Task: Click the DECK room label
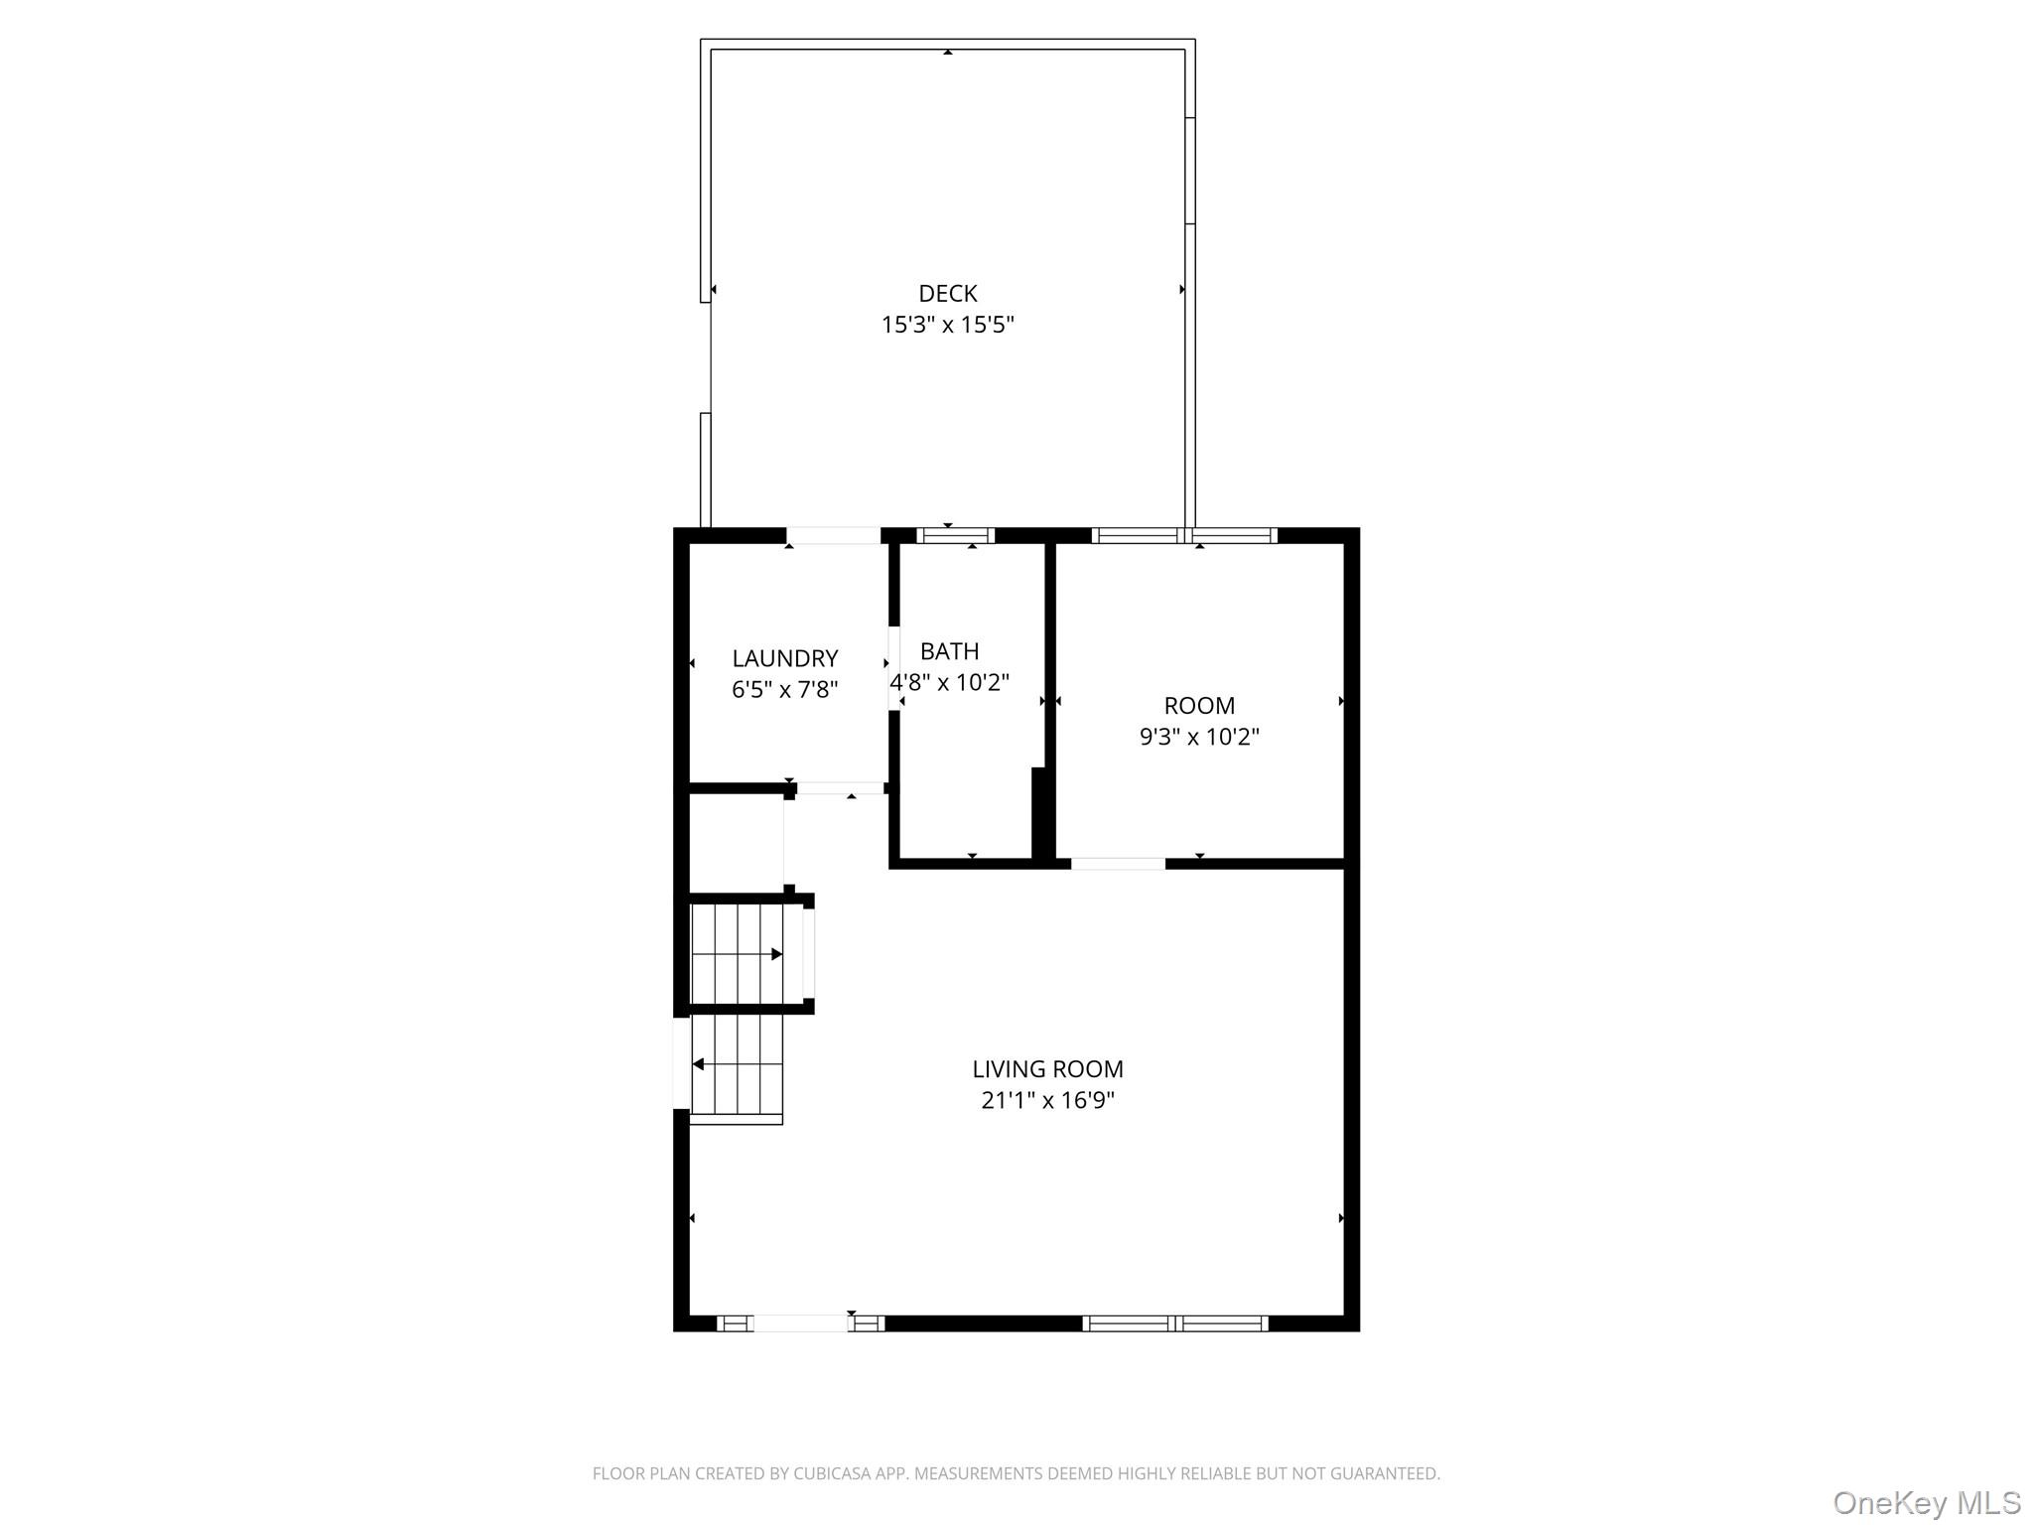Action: [x=947, y=293]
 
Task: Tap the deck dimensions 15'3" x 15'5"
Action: [x=947, y=325]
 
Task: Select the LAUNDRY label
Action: [x=784, y=658]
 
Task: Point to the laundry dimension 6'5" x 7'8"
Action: [x=784, y=689]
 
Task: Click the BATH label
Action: [x=949, y=651]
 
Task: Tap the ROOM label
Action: [x=1198, y=706]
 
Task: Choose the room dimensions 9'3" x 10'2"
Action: [x=1198, y=737]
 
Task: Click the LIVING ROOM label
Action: [x=1046, y=1069]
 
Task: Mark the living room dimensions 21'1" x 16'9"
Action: [x=1046, y=1100]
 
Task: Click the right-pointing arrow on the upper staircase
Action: [x=776, y=954]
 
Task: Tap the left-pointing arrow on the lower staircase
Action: [x=699, y=1064]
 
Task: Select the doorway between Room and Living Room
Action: [x=1117, y=864]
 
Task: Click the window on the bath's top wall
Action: [x=954, y=535]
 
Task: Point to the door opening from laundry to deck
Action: [x=833, y=535]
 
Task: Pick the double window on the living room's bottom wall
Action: [x=1174, y=1322]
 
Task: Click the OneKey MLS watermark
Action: [x=1925, y=1502]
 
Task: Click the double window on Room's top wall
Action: [x=1184, y=535]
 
